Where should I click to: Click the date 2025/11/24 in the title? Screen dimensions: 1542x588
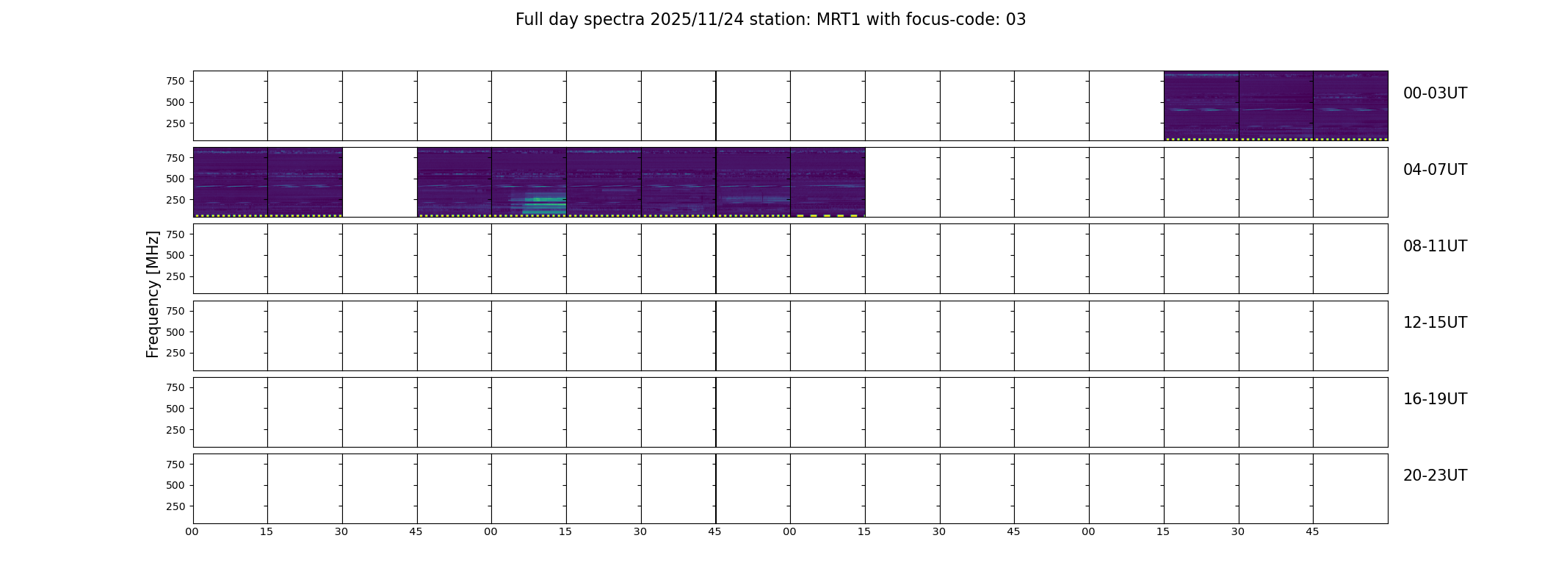point(697,20)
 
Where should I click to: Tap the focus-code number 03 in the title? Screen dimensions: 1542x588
point(1016,20)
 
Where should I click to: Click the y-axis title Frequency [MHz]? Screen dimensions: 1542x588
point(153,294)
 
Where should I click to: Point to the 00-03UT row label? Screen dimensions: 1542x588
point(1435,93)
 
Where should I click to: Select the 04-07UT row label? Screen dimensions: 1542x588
point(1435,170)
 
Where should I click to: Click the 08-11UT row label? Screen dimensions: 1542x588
point(1435,246)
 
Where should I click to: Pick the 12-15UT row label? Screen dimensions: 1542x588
point(1435,323)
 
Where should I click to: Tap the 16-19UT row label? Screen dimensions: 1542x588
point(1435,399)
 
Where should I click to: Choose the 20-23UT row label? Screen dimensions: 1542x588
point(1435,476)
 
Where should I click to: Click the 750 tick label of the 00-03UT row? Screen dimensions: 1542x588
point(175,81)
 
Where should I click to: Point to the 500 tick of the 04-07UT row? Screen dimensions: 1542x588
point(175,179)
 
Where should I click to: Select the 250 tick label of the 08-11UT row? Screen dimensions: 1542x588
point(175,276)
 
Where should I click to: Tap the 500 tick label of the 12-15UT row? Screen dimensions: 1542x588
point(175,332)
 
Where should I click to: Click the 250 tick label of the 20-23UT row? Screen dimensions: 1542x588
point(175,506)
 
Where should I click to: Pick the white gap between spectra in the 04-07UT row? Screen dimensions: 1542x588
point(380,182)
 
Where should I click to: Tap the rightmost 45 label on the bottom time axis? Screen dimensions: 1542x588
point(1312,531)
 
